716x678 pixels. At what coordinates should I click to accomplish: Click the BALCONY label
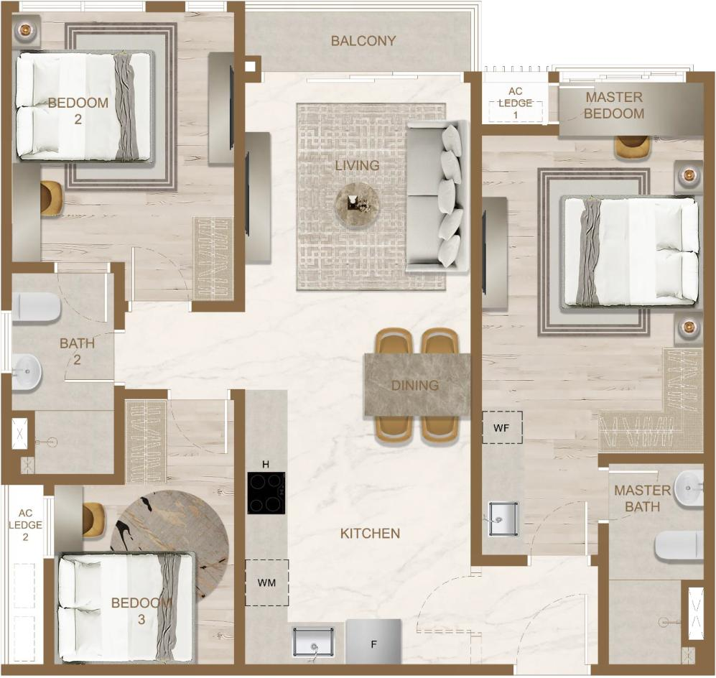click(x=363, y=41)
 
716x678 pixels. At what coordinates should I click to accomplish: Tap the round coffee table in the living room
click(x=358, y=205)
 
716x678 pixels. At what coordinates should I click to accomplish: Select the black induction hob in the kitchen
click(x=266, y=493)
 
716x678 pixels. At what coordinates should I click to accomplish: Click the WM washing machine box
click(x=266, y=582)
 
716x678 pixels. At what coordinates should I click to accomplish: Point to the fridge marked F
click(x=373, y=641)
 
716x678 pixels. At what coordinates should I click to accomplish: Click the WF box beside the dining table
click(x=502, y=427)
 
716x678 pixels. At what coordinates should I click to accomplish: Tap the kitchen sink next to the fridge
click(x=313, y=642)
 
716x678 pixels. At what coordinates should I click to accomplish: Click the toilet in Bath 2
click(x=36, y=307)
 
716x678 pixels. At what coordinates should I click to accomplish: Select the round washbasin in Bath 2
click(x=27, y=372)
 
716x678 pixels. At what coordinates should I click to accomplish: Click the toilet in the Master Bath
click(x=679, y=546)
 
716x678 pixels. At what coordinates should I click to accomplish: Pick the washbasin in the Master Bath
click(x=689, y=488)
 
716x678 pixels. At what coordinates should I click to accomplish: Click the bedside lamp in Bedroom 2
click(x=24, y=30)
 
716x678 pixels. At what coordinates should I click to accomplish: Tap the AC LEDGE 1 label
click(x=516, y=103)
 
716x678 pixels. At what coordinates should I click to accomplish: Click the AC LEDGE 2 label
click(x=26, y=525)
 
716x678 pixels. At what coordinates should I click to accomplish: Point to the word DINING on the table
click(x=415, y=386)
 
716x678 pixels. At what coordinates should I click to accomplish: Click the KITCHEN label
click(x=370, y=533)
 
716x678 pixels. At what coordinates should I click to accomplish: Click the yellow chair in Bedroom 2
click(x=51, y=196)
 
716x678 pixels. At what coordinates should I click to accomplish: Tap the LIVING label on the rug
click(x=357, y=165)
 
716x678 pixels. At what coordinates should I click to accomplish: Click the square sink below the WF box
click(x=503, y=519)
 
